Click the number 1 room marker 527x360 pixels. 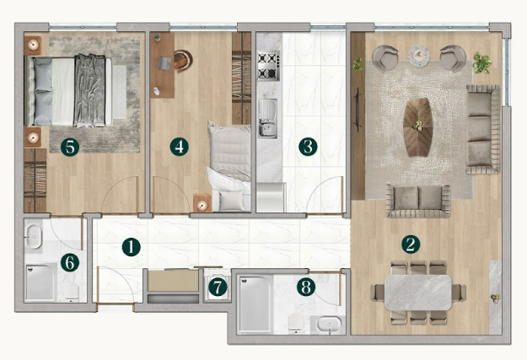pyautogui.click(x=130, y=247)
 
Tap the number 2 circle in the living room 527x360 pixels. pyautogui.click(x=411, y=244)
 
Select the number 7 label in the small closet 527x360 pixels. pyautogui.click(x=218, y=287)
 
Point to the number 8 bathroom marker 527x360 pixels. pyautogui.click(x=306, y=287)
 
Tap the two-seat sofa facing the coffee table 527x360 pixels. pyautogui.click(x=419, y=198)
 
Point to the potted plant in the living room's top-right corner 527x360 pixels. pyautogui.click(x=482, y=61)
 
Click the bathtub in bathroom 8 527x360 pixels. pyautogui.click(x=257, y=303)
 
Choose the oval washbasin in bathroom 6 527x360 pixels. pyautogui.click(x=34, y=235)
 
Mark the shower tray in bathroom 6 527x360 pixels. pyautogui.click(x=40, y=282)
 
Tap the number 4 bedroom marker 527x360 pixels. pyautogui.click(x=179, y=146)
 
